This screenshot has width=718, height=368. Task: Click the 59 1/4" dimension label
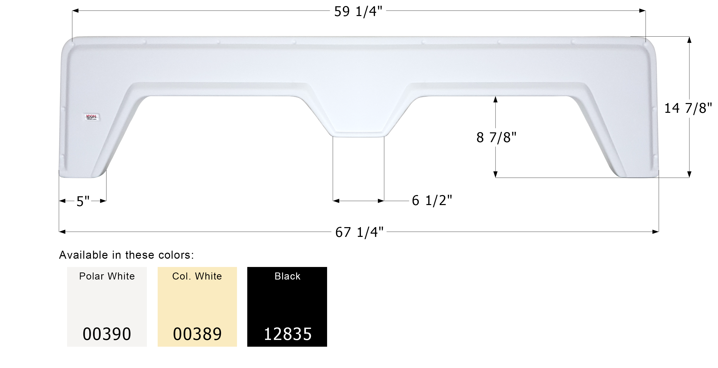pyautogui.click(x=358, y=12)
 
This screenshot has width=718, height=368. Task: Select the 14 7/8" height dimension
pyautogui.click(x=688, y=108)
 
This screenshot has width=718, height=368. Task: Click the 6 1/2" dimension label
pyautogui.click(x=432, y=201)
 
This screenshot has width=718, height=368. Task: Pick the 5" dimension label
pyautogui.click(x=83, y=201)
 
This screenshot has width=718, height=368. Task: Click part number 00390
pyautogui.click(x=107, y=334)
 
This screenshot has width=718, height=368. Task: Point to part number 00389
pyautogui.click(x=197, y=334)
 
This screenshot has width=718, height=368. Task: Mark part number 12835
pyautogui.click(x=287, y=334)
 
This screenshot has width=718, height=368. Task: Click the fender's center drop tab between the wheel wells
pyautogui.click(x=358, y=123)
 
